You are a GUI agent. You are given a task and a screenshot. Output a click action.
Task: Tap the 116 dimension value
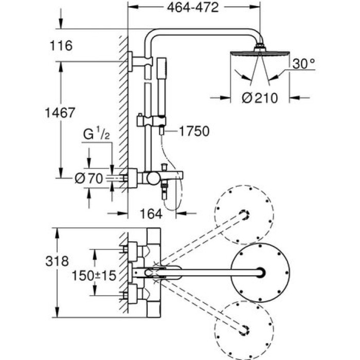pyautogui.click(x=62, y=46)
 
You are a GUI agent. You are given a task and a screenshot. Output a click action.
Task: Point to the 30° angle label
pyautogui.click(x=303, y=64)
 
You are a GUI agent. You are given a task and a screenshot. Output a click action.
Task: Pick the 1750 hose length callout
pyautogui.click(x=194, y=132)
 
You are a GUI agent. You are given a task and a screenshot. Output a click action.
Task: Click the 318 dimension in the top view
pyautogui.click(x=58, y=261)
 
